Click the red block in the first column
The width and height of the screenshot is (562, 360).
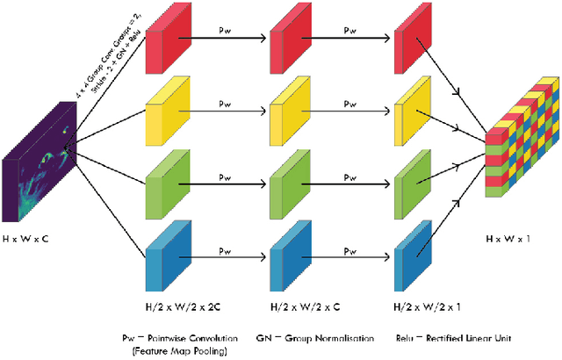pos(169,44)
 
